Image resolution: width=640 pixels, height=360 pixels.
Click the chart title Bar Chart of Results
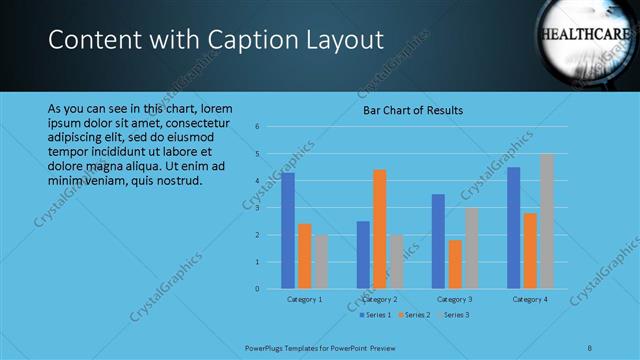(413, 110)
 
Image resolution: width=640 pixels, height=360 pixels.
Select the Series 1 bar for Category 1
(288, 231)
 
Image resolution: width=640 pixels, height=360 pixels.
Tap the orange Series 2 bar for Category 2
(379, 229)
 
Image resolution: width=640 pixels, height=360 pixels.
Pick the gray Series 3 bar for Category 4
(546, 221)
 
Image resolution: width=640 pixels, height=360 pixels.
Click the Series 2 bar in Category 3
(455, 264)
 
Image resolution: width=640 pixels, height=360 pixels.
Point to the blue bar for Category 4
(513, 228)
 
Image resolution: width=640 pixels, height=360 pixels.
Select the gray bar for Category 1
(320, 262)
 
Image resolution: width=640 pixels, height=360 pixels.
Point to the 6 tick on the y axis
(257, 127)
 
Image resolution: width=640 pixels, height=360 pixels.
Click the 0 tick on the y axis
(257, 289)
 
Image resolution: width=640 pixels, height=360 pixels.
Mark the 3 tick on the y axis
(257, 208)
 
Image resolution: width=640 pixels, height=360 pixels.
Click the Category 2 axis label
(379, 299)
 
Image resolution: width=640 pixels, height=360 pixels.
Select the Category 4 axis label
(530, 299)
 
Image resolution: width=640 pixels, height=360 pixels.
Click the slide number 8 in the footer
(590, 347)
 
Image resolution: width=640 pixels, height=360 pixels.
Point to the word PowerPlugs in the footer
(265, 347)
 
